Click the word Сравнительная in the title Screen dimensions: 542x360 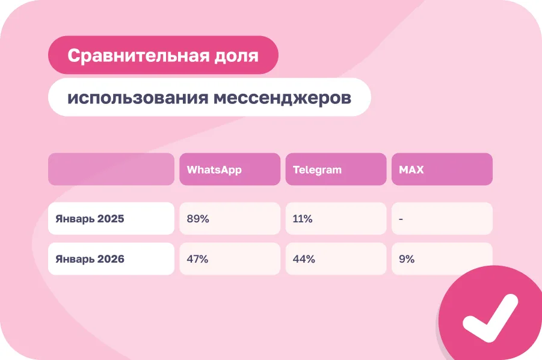pyautogui.click(x=138, y=55)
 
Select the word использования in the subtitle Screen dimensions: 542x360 pyautogui.click(x=138, y=98)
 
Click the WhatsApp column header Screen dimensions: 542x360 pyautogui.click(x=230, y=169)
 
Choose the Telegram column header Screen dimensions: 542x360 pyautogui.click(x=336, y=169)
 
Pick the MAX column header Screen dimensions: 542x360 pyautogui.click(x=442, y=169)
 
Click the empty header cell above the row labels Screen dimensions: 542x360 pyautogui.click(x=111, y=169)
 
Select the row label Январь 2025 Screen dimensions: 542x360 pyautogui.click(x=90, y=219)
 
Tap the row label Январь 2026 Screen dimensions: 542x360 pyautogui.click(x=90, y=259)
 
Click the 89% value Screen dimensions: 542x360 pyautogui.click(x=198, y=219)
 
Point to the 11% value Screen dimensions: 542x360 pyautogui.click(x=303, y=219)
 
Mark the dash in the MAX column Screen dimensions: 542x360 pyautogui.click(x=401, y=219)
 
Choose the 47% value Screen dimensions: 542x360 pyautogui.click(x=197, y=259)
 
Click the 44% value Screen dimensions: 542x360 pyautogui.click(x=304, y=259)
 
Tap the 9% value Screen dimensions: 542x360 pyautogui.click(x=407, y=259)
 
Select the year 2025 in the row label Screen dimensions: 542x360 pyautogui.click(x=111, y=219)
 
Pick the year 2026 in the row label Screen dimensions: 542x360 pyautogui.click(x=111, y=259)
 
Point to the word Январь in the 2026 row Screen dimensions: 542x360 pyautogui.click(x=75, y=260)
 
